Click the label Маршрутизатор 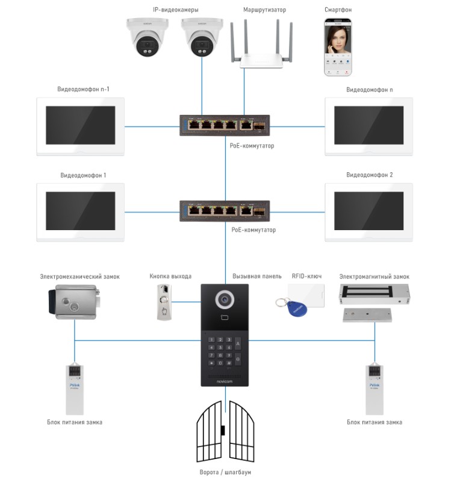(x=264, y=10)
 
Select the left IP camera (x=147, y=38)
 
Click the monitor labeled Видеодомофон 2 (x=369, y=210)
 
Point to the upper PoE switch (x=225, y=125)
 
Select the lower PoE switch (x=225, y=211)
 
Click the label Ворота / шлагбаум (x=225, y=472)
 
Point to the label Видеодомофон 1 (x=83, y=175)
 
